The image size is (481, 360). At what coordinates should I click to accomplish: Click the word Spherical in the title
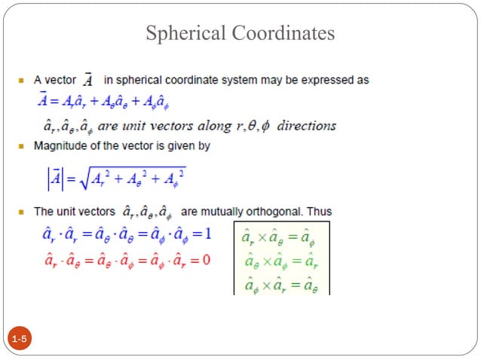tap(185, 34)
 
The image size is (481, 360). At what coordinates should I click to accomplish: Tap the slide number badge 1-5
tap(20, 342)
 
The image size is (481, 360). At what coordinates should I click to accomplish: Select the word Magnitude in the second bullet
tap(59, 146)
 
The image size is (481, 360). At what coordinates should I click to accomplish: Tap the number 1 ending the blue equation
tap(207, 234)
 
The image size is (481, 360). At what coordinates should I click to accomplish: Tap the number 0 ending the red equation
tap(207, 260)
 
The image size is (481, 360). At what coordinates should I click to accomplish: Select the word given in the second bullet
tap(176, 146)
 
